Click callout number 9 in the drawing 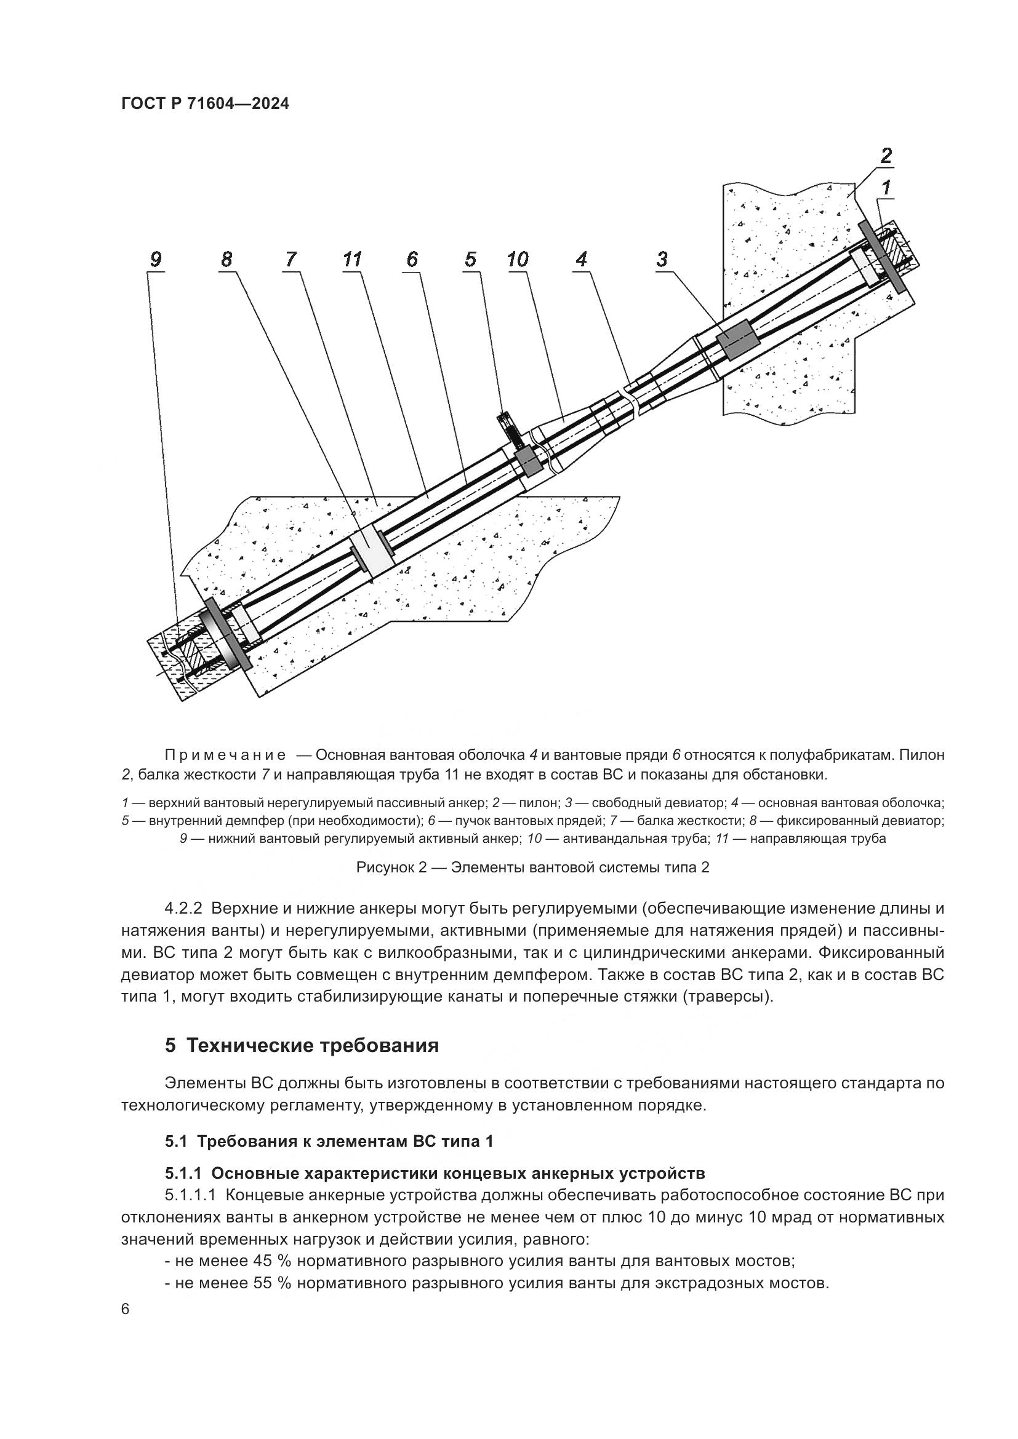156,259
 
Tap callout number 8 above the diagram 226,259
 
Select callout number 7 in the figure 291,259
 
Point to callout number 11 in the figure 352,259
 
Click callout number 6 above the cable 412,259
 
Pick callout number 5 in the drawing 471,259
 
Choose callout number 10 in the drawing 518,259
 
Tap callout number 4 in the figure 582,259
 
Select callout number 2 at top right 886,155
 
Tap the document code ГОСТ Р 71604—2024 205,104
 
